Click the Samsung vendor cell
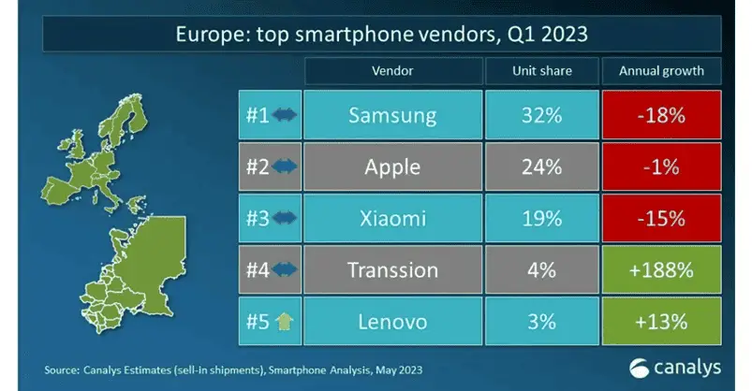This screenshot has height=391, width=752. coord(392,115)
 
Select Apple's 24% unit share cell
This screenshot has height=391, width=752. coord(542,167)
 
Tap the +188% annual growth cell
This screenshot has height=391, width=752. coord(661,269)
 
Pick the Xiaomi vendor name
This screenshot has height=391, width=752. coord(392,219)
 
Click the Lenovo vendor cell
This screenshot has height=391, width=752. coord(392,321)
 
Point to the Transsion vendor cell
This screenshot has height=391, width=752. coord(392,269)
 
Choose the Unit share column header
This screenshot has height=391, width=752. coord(542,71)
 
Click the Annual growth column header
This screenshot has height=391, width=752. coord(661,71)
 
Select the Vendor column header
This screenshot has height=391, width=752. coord(392,71)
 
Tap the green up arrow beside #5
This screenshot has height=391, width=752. coord(285,321)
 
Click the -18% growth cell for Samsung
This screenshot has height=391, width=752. coord(661,115)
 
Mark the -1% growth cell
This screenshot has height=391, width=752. coord(661,167)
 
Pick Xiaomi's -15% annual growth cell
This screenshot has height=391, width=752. coord(661,219)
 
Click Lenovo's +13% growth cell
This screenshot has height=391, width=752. coord(661,321)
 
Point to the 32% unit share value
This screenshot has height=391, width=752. coord(542,115)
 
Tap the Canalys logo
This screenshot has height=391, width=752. coord(675,368)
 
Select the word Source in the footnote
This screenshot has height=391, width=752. coord(62,369)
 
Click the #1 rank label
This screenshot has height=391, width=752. coord(258,115)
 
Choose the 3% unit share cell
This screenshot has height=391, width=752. coord(542,321)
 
